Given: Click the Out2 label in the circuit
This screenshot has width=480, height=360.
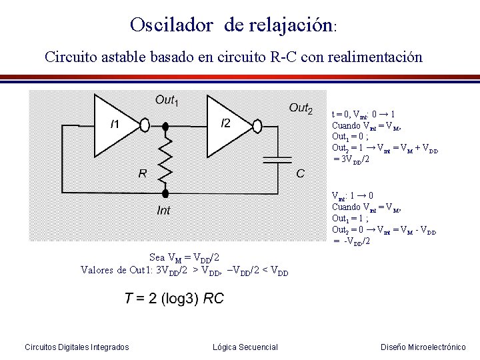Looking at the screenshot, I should tap(301, 108).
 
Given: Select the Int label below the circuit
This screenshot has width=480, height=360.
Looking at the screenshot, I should tap(163, 211).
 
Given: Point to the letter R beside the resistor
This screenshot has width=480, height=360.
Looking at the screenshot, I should tap(143, 173).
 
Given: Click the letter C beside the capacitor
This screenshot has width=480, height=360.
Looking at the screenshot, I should tap(301, 173).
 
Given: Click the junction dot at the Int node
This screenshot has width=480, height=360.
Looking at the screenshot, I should tap(166, 193).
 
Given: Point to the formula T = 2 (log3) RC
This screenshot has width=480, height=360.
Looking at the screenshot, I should tap(174, 299).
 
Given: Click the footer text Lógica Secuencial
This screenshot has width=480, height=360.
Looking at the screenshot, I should tap(245, 347).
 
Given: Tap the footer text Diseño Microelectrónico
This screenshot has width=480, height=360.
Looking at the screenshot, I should tap(423, 347).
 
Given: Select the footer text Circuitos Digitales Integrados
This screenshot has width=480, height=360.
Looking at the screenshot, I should tap(77, 347).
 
